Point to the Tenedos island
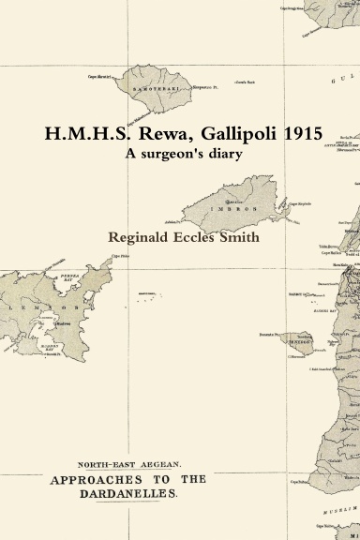tap(301, 343)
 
